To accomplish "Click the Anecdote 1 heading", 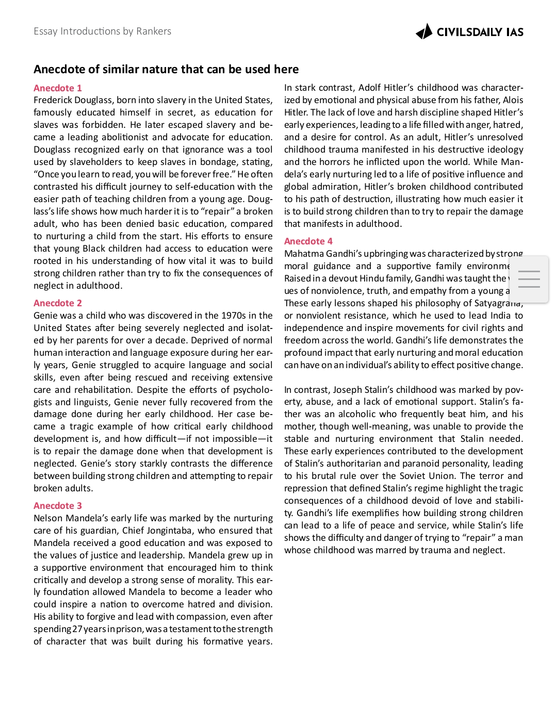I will [58, 88].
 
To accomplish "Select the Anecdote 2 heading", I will [58, 303].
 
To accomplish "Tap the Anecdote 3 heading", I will [58, 506].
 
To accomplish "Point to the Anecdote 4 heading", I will [308, 241].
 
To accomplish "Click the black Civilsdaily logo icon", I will [424, 32].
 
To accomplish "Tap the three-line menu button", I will [529, 279].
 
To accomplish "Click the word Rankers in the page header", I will [154, 31].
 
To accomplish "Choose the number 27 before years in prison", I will [77, 629].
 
